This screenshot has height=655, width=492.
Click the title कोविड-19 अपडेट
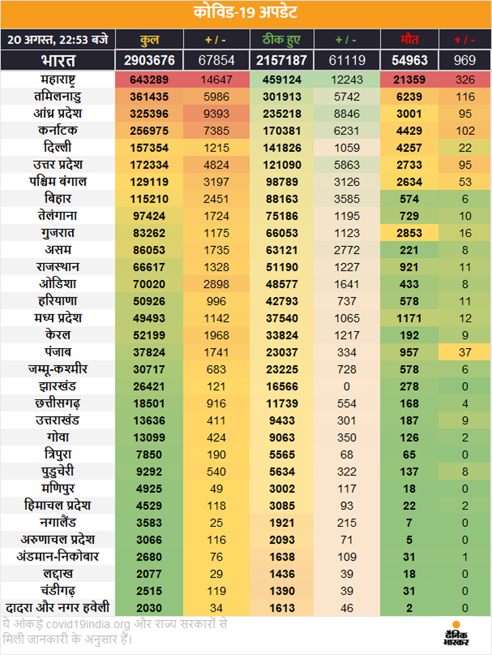point(245,13)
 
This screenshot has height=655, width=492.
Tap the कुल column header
point(149,39)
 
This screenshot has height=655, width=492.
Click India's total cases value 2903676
point(149,60)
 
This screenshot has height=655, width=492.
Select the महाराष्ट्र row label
point(57,80)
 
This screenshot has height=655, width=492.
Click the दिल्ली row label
point(57,148)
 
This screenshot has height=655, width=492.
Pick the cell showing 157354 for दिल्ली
point(149,148)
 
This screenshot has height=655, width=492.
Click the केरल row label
point(57,335)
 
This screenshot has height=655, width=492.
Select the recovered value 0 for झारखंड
point(348,386)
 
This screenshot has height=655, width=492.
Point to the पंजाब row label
point(57,352)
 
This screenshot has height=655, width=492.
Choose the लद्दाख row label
point(57,574)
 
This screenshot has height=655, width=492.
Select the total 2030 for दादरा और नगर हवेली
point(149,608)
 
